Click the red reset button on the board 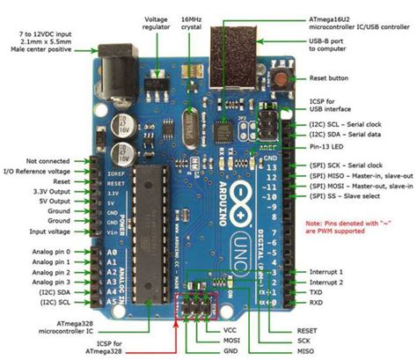283,78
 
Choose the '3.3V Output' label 49,191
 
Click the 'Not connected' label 48,161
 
